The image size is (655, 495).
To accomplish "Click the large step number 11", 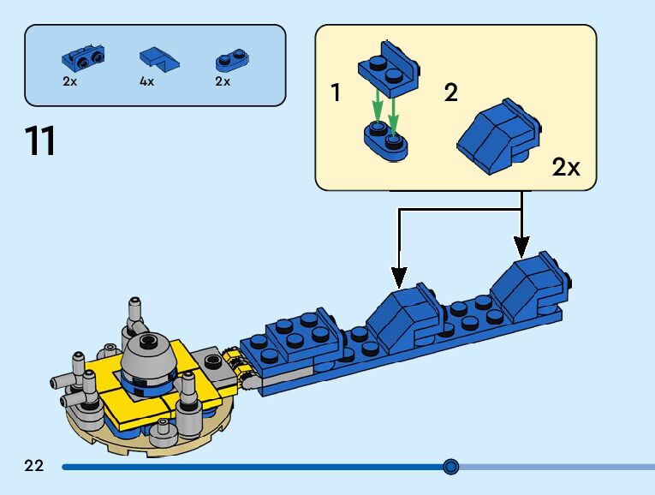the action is (x=41, y=141).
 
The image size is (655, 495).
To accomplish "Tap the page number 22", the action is (x=34, y=467).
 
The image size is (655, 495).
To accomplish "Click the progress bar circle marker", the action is (x=451, y=467).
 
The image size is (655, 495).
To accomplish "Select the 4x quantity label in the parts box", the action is (x=146, y=82).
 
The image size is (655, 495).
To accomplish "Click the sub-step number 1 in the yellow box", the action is (x=336, y=93).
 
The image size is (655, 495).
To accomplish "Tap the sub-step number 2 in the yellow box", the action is (x=450, y=93).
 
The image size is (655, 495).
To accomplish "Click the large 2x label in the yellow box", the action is (x=566, y=168).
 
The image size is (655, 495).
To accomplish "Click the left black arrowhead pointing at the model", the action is (x=398, y=277).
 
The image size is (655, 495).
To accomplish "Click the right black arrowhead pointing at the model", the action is (x=521, y=247).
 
